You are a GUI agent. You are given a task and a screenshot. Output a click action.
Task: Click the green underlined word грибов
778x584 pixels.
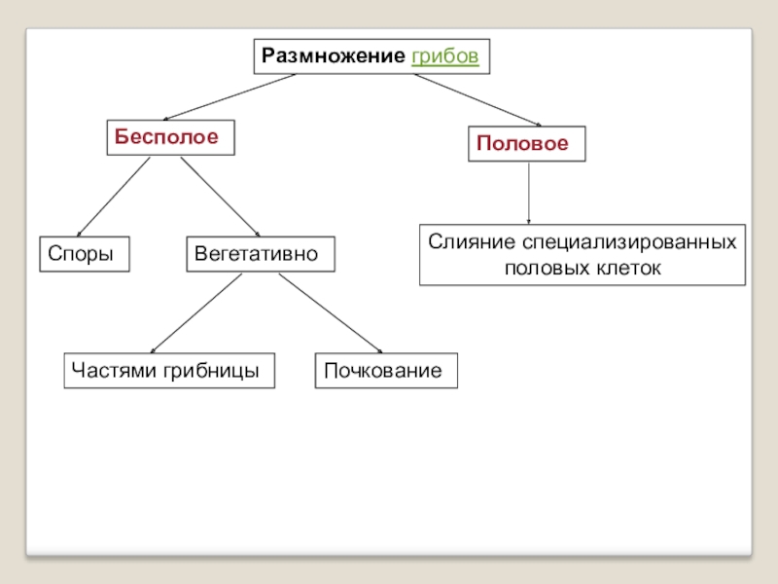445,56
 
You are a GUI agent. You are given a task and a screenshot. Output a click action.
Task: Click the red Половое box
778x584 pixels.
527,143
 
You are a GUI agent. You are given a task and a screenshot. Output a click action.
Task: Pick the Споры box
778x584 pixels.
84,253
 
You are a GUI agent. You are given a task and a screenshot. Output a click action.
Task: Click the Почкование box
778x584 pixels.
385,371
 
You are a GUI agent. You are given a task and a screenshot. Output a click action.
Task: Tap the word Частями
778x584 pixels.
109,371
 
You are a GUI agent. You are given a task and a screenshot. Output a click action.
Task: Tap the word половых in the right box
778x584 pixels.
543,267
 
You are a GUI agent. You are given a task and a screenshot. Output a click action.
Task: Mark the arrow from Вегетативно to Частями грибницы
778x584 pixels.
196,312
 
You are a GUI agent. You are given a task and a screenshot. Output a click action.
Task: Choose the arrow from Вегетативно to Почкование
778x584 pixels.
331,313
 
